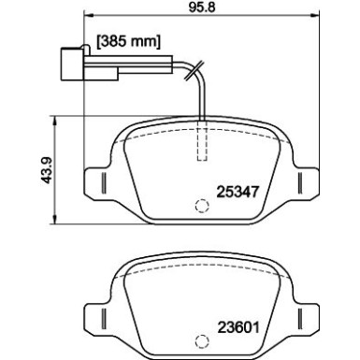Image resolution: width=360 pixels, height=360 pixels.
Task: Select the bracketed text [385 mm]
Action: click(130, 42)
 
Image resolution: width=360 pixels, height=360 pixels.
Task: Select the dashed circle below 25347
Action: click(201, 209)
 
